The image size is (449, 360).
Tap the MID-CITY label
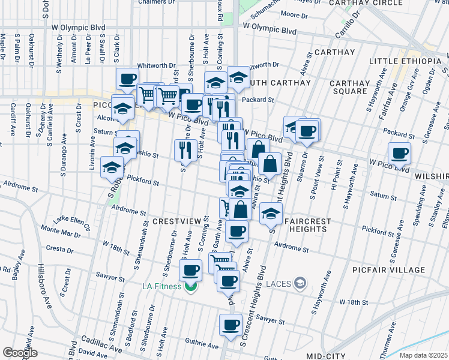coord(325,356)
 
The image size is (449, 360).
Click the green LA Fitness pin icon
coord(191,286)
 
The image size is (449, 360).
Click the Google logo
coord(20,353)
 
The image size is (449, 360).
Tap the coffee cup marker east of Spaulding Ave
coord(399,154)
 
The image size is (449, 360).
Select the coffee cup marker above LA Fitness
coord(191,271)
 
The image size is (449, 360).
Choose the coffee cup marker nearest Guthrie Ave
coord(231,325)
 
